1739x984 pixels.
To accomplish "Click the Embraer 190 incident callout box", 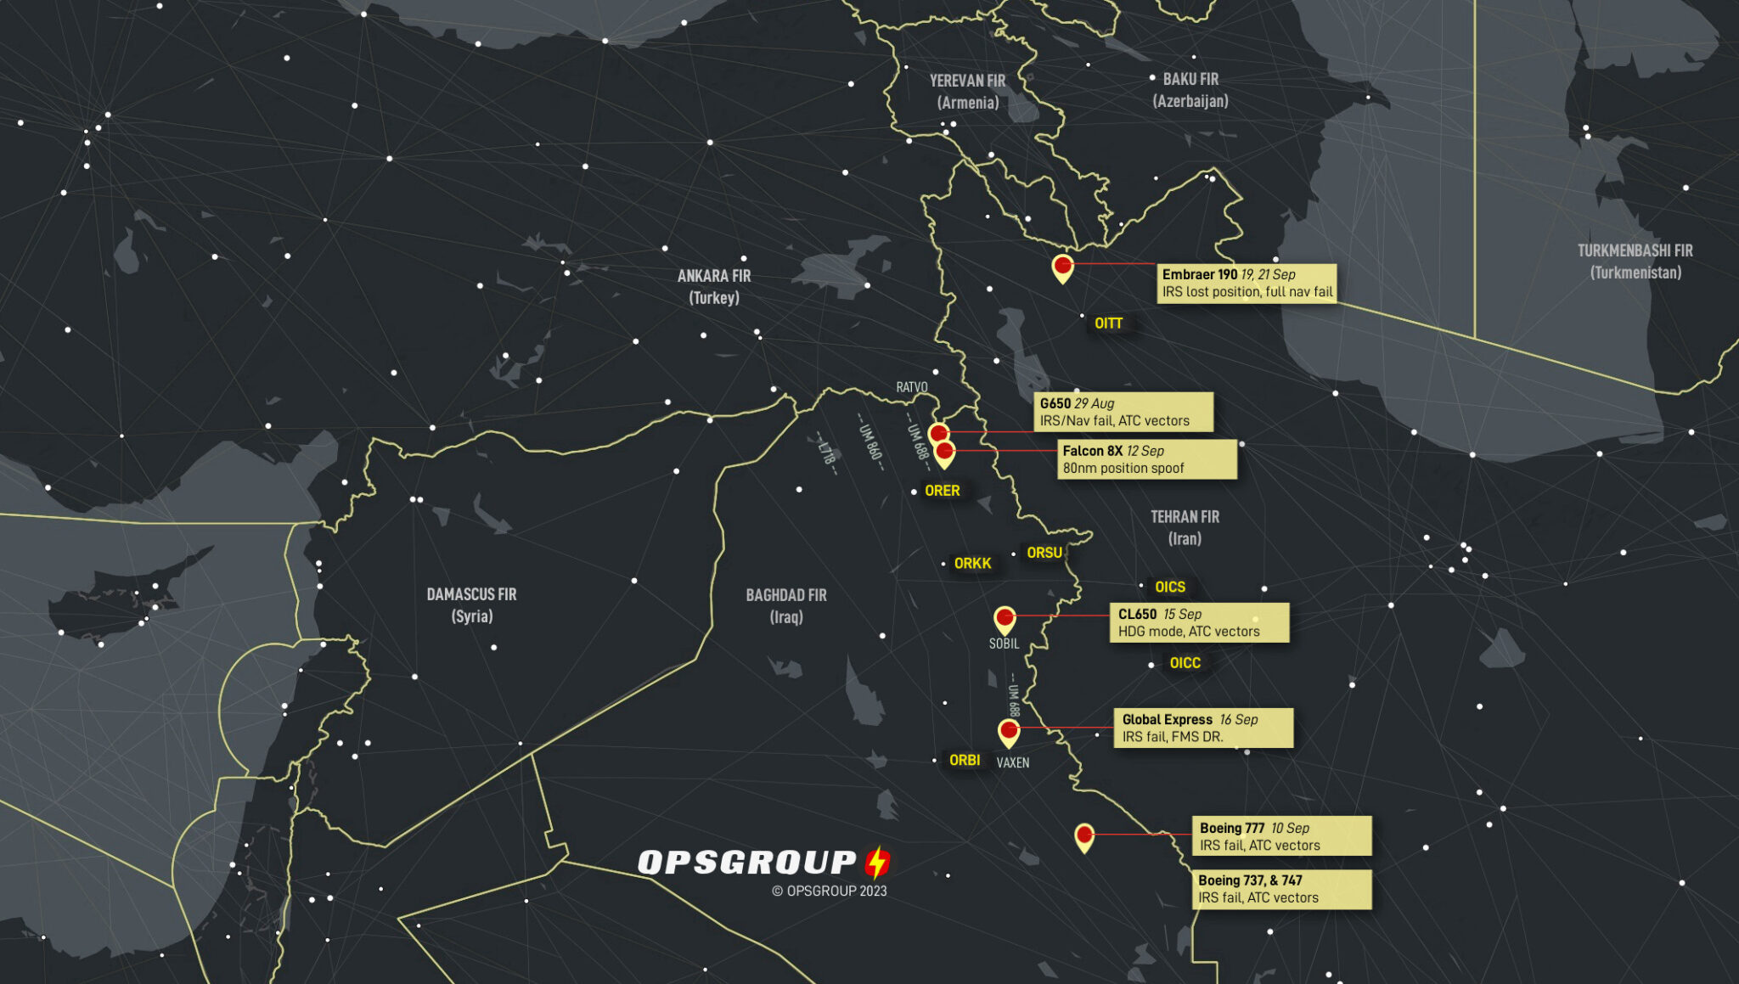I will click(1247, 283).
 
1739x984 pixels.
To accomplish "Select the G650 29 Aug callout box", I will click(1123, 412).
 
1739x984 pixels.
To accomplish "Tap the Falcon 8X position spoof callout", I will click(1146, 459).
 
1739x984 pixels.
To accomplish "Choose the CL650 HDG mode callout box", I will click(1198, 622).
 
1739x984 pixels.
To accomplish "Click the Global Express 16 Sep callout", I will click(1202, 728).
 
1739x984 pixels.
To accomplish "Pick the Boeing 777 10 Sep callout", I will click(1281, 836).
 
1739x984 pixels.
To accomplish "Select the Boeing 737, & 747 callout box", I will click(1281, 889).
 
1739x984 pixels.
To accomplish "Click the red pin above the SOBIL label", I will click(1005, 617).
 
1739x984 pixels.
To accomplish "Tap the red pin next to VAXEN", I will click(1008, 730).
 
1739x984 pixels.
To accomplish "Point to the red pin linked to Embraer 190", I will click(1062, 266).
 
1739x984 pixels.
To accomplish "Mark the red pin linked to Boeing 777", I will click(1083, 835).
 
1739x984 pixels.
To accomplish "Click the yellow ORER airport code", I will click(942, 491).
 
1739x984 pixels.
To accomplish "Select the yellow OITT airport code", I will click(1108, 323).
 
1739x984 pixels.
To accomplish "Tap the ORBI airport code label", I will click(964, 760).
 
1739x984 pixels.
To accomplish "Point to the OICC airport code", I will click(1185, 663).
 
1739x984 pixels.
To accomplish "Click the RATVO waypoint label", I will click(912, 387).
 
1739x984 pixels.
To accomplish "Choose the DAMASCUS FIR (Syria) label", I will click(471, 604).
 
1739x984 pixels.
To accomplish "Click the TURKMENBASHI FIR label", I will click(1635, 261).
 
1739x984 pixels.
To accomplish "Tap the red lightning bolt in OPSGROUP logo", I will click(877, 863).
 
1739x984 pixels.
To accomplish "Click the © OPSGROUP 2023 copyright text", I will click(829, 891).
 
